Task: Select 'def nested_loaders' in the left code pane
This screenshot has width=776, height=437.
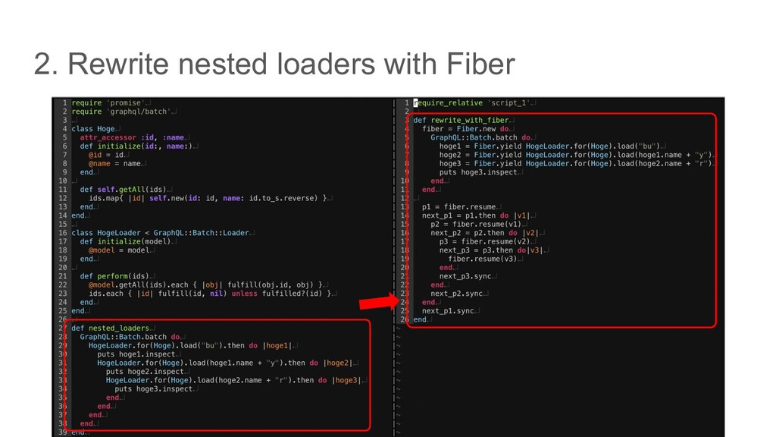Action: pyautogui.click(x=110, y=328)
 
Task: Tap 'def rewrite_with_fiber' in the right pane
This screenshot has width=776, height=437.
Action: pyautogui.click(x=460, y=121)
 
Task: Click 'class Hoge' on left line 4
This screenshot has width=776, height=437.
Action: pyautogui.click(x=93, y=129)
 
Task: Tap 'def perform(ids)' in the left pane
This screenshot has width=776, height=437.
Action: pyautogui.click(x=114, y=276)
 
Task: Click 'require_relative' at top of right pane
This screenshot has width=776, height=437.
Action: pyautogui.click(x=447, y=103)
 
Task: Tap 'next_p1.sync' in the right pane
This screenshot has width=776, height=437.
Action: pyautogui.click(x=448, y=311)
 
